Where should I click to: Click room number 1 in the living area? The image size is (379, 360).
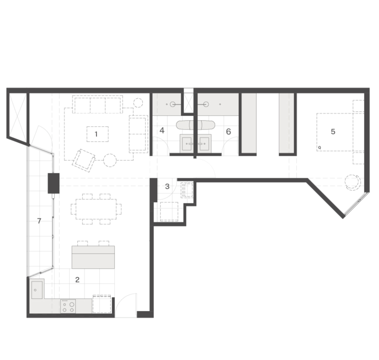coord(96,134)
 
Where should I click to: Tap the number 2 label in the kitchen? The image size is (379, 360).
coord(77,280)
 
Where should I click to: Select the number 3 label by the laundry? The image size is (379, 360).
coord(167,186)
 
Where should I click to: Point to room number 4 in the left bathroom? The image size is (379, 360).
coord(162,131)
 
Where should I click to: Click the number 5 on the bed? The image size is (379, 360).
coord(333,131)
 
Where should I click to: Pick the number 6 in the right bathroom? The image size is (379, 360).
coord(228,131)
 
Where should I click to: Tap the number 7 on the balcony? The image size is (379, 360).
coord(39,221)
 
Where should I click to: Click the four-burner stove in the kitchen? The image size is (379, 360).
coord(68,306)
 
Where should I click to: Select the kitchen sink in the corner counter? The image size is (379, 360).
coord(37,289)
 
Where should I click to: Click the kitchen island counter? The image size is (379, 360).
coord(93,257)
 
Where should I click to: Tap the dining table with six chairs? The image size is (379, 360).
coord(96,209)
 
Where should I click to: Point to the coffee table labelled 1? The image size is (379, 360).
coord(97,134)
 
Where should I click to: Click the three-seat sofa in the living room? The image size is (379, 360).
coord(97,104)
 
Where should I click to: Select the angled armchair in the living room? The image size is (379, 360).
coord(84,161)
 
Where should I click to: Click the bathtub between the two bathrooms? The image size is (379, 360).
coord(195,125)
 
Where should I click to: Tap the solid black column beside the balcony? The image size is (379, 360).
coord(54,183)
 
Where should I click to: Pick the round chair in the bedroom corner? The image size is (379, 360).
coord(353,183)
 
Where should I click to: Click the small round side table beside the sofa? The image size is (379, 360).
coord(138,103)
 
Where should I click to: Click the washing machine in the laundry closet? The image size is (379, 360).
coord(169,212)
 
